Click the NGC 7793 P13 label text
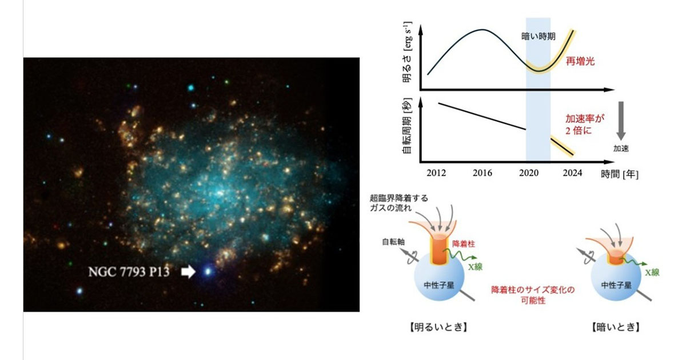129,272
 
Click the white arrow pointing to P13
188,272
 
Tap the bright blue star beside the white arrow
207,271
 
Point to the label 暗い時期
537,35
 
